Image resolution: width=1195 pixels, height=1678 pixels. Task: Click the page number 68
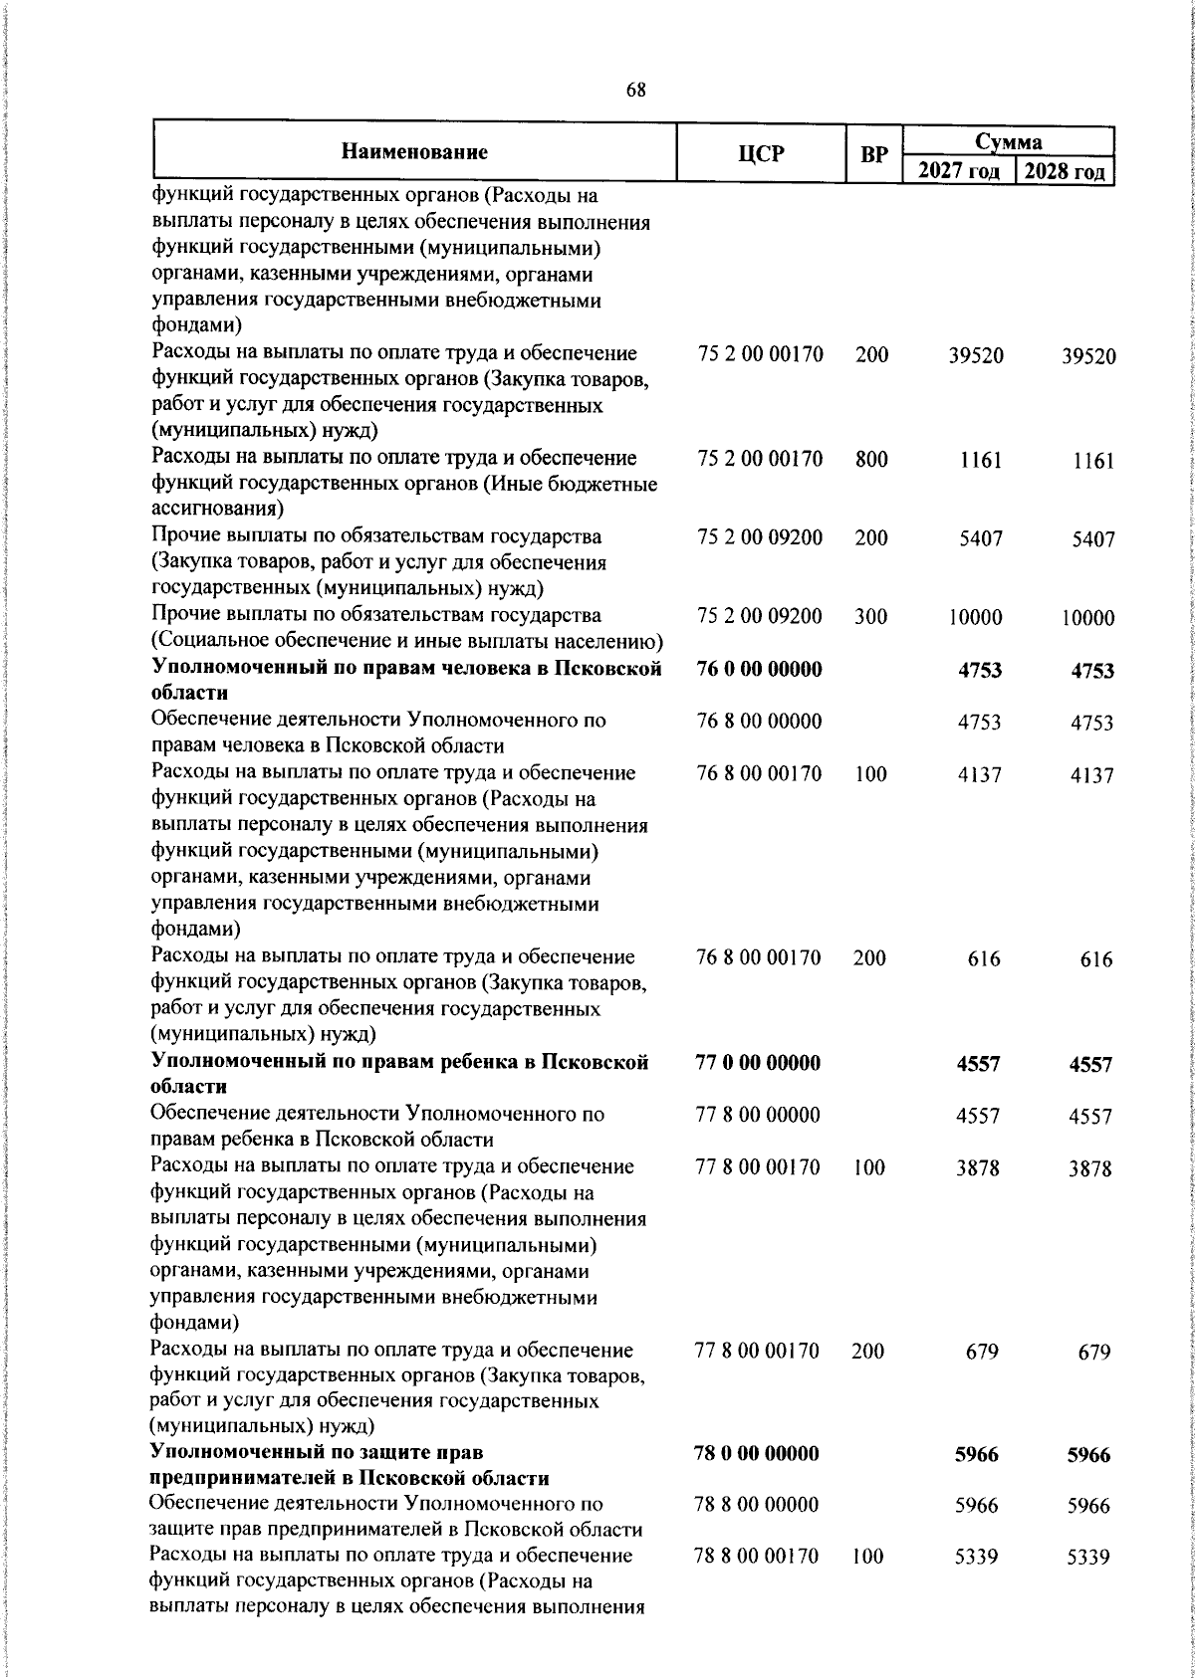[635, 90]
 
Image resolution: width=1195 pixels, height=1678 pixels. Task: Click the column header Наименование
[414, 152]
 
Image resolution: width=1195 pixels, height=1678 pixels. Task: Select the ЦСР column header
[762, 153]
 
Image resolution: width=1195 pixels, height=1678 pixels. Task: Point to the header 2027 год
[958, 171]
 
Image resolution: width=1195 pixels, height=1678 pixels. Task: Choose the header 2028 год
[1065, 171]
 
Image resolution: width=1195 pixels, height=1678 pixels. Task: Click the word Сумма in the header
[1008, 142]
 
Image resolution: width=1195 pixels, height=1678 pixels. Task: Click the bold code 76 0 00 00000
[760, 669]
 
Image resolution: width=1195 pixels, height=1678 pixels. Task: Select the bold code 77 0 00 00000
[758, 1063]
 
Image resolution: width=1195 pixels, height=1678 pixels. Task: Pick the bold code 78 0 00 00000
[757, 1454]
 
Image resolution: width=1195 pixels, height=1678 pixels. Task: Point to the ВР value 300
[870, 617]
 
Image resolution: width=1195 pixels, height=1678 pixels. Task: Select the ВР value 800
[870, 459]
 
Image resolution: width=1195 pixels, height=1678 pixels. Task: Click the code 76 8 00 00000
[760, 722]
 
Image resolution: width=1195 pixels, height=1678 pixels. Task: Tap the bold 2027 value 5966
[976, 1455]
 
